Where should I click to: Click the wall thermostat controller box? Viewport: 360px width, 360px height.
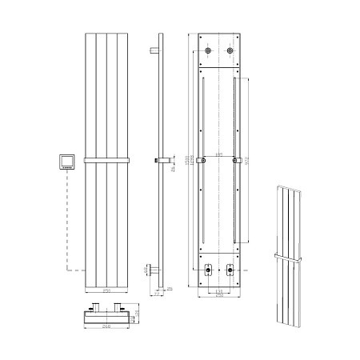pos(66,162)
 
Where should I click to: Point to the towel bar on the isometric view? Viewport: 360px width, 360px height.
pos(290,257)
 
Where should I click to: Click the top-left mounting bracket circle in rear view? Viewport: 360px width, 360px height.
pos(207,52)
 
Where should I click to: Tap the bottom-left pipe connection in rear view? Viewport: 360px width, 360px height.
pos(207,269)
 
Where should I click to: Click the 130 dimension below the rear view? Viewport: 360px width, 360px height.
pos(218,290)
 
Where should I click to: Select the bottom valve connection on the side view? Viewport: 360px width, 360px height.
pos(152,269)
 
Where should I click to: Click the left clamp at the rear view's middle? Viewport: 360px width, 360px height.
pos(204,162)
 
